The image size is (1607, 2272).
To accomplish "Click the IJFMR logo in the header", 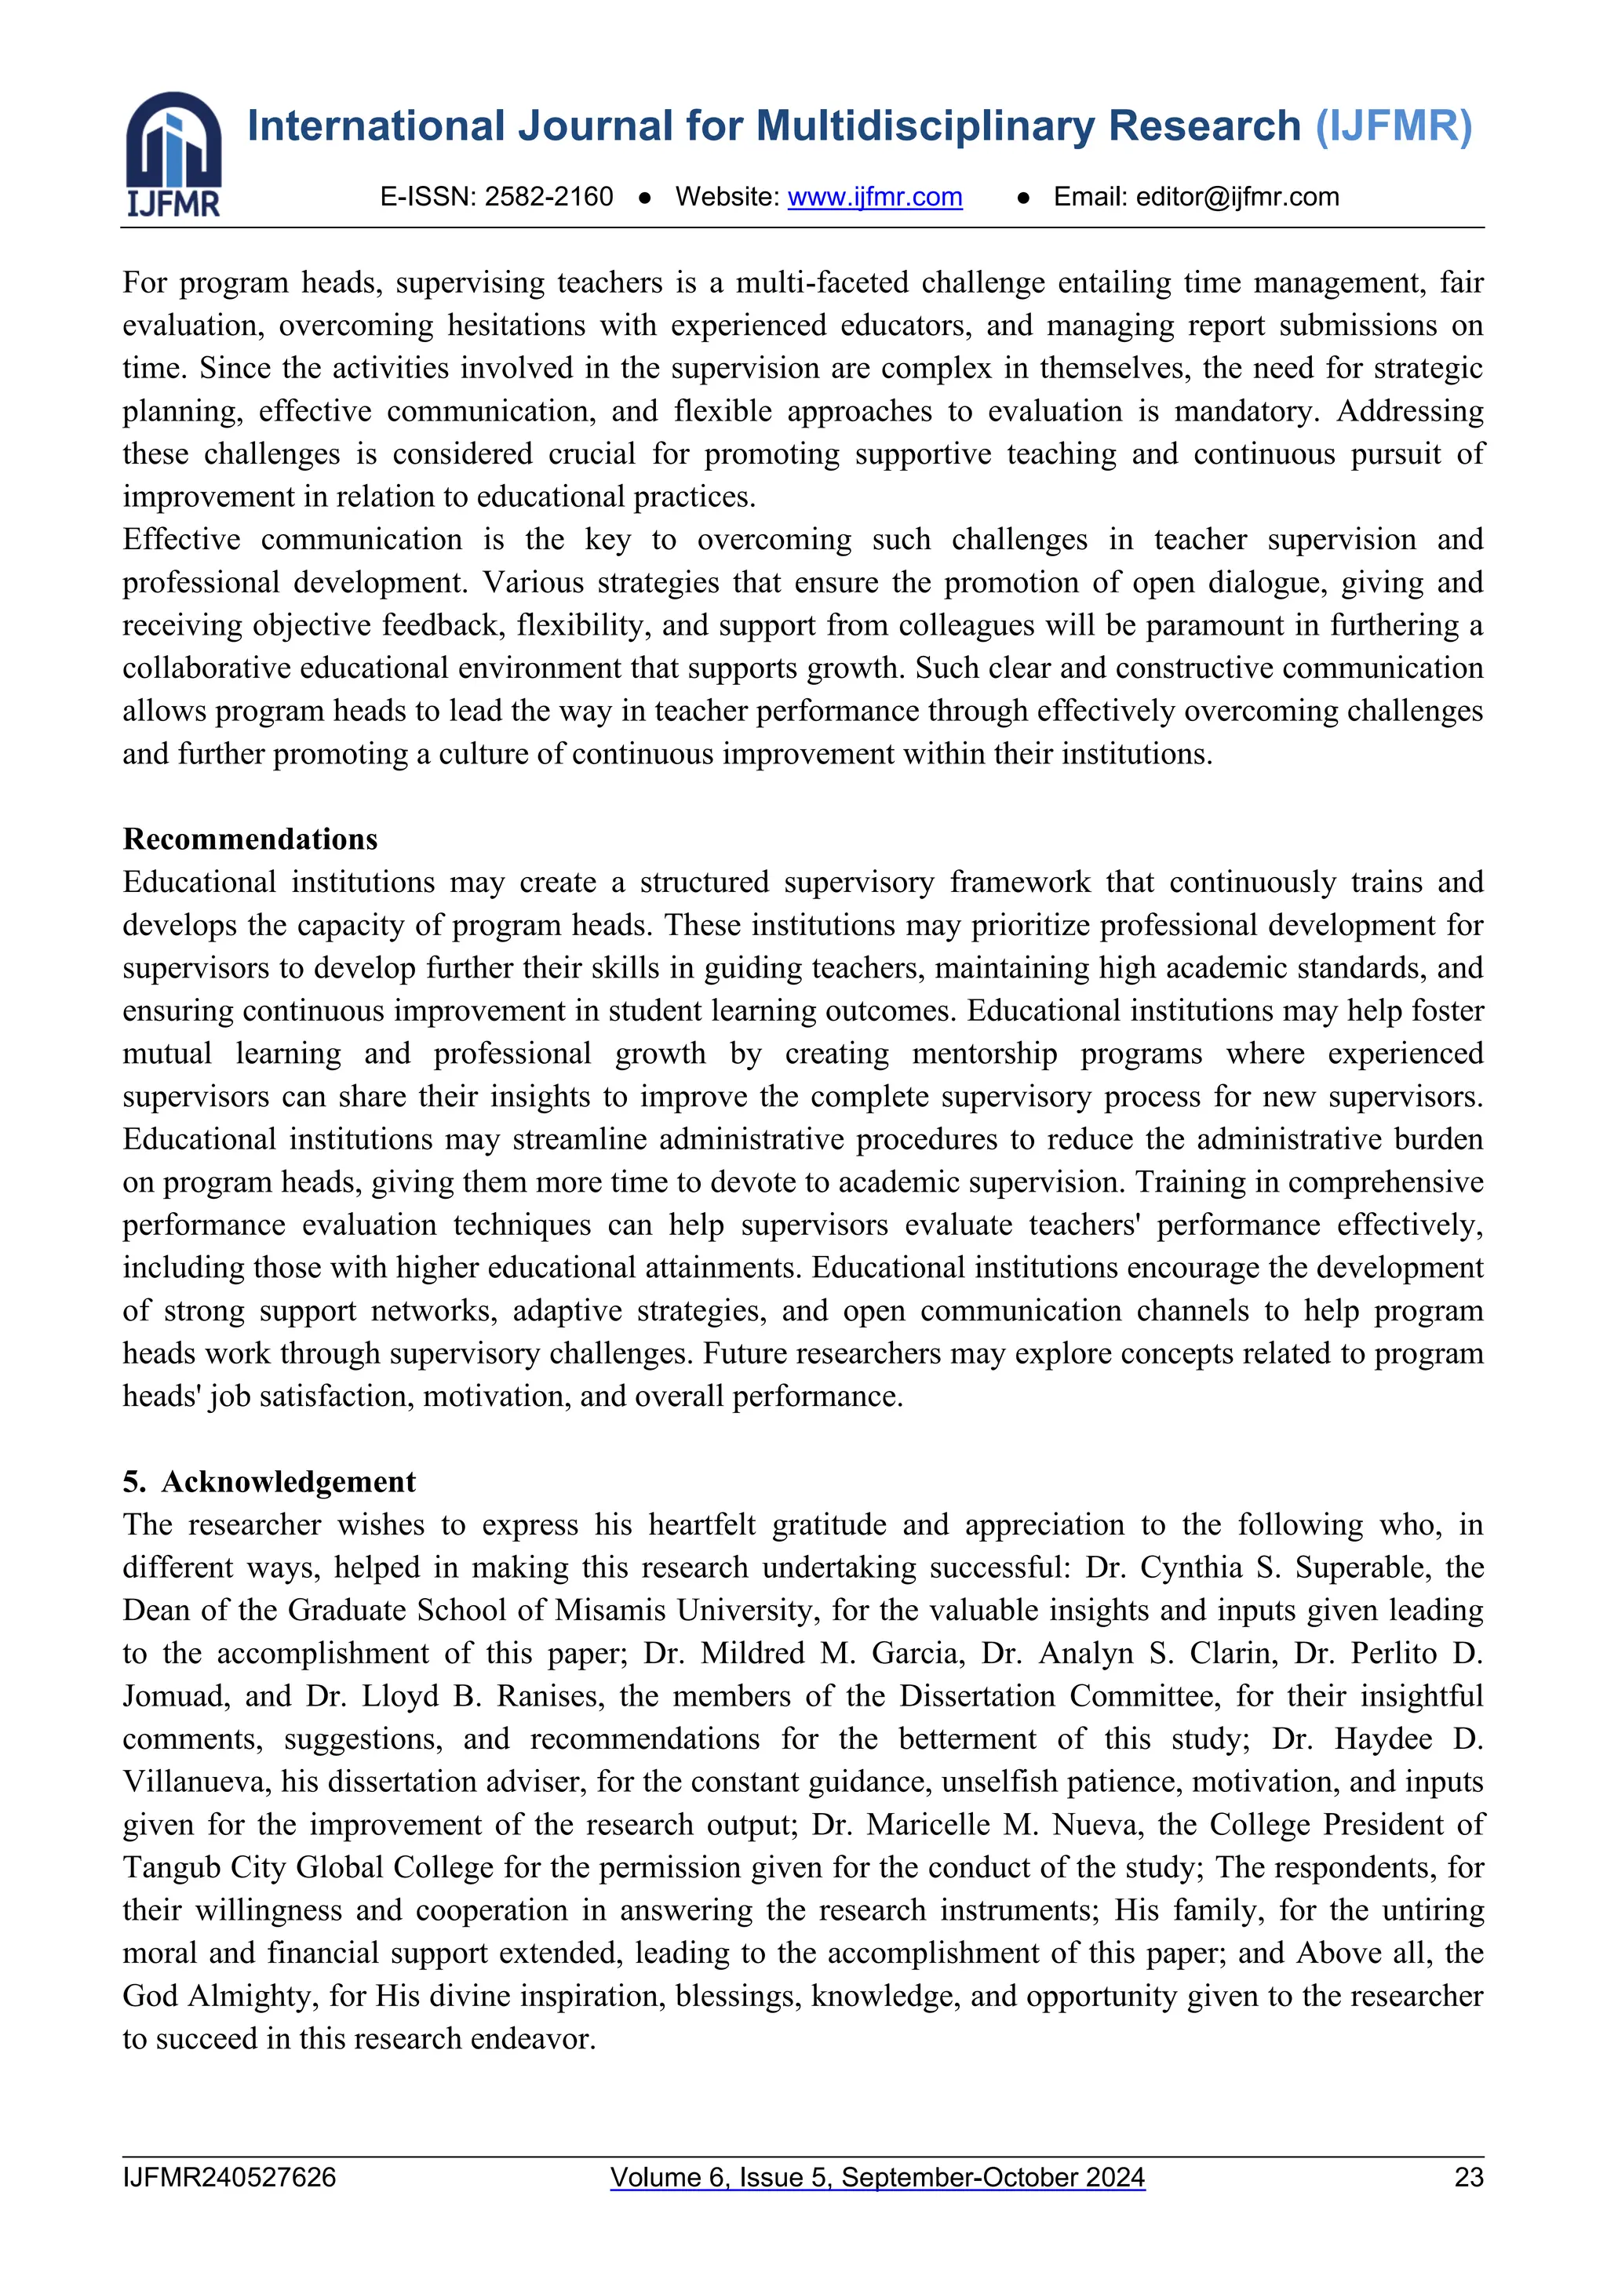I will click(173, 154).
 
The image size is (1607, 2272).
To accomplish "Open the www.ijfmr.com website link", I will click(874, 197).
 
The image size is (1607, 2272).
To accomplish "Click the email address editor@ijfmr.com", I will click(1237, 197).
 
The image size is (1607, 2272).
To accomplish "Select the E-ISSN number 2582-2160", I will click(548, 197).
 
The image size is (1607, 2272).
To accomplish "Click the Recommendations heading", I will click(250, 839).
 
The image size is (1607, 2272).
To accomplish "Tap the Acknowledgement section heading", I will click(288, 1481).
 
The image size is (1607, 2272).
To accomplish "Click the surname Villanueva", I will click(194, 1781).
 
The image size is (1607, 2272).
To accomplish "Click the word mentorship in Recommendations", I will click(984, 1054).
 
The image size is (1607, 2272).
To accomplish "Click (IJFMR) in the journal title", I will click(1394, 126).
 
